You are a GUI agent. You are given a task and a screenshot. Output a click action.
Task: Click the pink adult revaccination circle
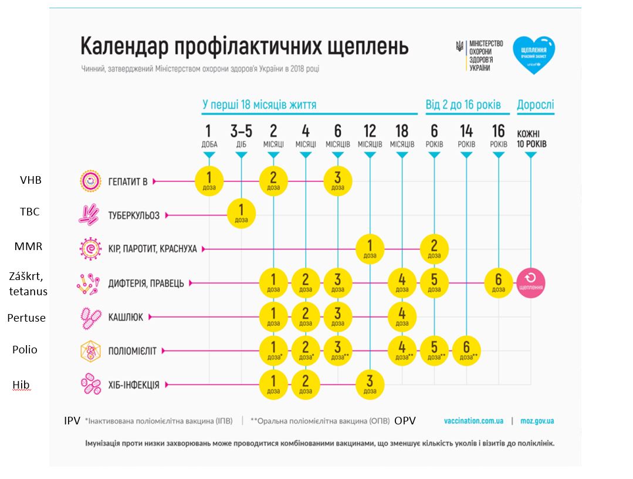click(531, 282)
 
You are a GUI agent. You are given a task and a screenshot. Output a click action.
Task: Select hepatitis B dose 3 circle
click(337, 181)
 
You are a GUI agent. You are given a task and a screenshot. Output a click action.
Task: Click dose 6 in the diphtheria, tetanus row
click(499, 282)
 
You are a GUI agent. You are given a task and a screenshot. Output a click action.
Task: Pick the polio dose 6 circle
click(466, 350)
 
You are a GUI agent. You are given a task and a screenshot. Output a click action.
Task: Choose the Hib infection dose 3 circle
click(369, 384)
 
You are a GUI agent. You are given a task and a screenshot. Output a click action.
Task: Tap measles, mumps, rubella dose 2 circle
click(434, 249)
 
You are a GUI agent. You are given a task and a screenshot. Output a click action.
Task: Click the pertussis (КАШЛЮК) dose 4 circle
click(402, 316)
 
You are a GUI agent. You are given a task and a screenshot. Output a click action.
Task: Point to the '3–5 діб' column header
click(241, 136)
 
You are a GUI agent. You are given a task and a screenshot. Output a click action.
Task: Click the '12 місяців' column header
click(370, 136)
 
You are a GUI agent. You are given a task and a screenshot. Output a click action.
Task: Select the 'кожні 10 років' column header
click(531, 139)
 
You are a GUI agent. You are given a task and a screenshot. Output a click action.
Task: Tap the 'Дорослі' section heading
click(535, 105)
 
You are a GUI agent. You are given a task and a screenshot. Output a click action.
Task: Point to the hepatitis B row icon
click(90, 181)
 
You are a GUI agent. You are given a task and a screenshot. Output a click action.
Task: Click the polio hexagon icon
click(90, 351)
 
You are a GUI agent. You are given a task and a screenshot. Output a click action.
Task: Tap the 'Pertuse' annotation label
click(26, 318)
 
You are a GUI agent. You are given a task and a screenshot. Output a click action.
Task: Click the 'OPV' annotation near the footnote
click(405, 421)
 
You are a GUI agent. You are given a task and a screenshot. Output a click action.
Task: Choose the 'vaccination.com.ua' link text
click(473, 421)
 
